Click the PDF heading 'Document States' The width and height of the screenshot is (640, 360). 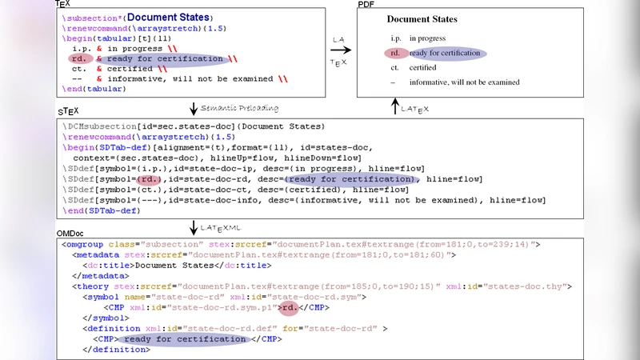pos(422,19)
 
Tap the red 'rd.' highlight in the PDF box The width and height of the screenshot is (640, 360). pos(396,54)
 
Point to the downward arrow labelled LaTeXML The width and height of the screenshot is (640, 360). pos(193,228)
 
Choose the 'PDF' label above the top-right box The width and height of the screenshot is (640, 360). pos(366,5)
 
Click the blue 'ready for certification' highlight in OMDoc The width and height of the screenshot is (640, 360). pos(186,339)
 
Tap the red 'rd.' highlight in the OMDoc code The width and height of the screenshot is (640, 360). pos(289,307)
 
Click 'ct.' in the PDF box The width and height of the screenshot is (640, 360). pos(394,68)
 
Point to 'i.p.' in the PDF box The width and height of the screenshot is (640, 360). pos(395,38)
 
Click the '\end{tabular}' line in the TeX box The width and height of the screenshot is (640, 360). pos(94,89)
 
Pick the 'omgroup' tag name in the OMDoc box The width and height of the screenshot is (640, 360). pos(86,244)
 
